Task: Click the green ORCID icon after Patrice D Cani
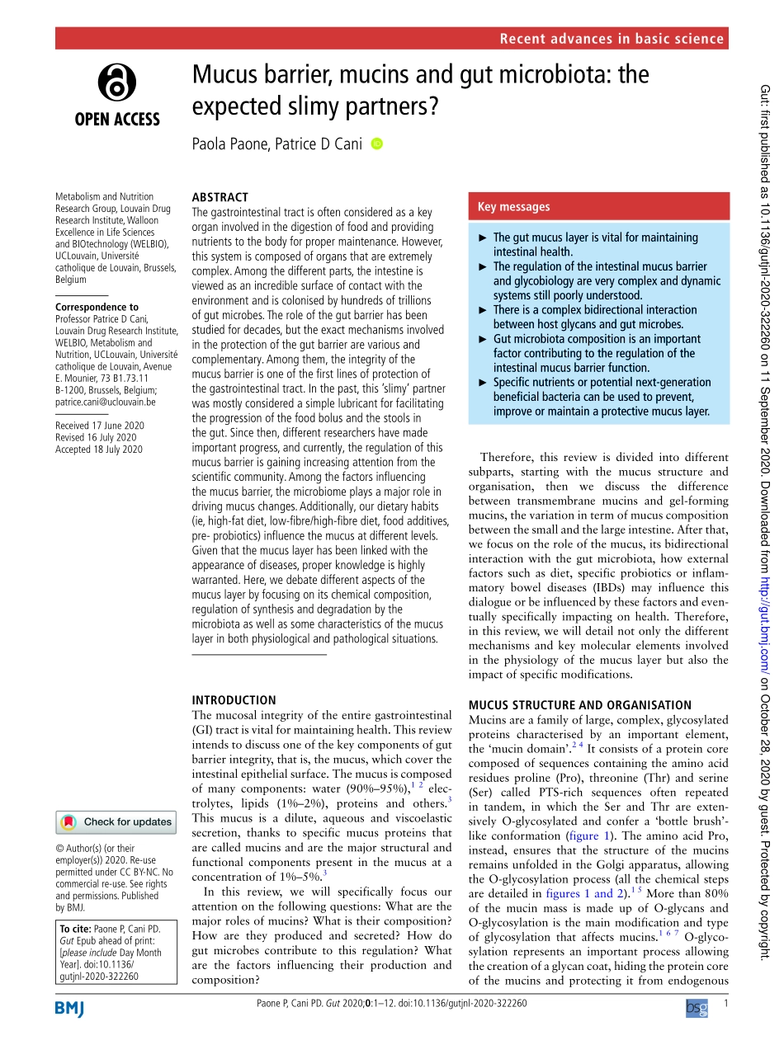coord(377,144)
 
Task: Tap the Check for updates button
coord(116,821)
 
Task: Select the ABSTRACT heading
coord(220,197)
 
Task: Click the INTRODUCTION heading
coord(234,676)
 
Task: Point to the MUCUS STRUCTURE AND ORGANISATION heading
coord(579,682)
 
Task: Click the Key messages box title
coord(513,207)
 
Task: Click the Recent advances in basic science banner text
coord(612,39)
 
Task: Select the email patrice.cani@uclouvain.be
coord(105,402)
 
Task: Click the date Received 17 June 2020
coord(99,426)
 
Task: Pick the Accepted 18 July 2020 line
coord(98,450)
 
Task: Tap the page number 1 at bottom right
coord(725,1003)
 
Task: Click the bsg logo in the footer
coord(697,1008)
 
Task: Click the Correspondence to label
coord(97,307)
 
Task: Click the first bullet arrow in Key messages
coord(484,238)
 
